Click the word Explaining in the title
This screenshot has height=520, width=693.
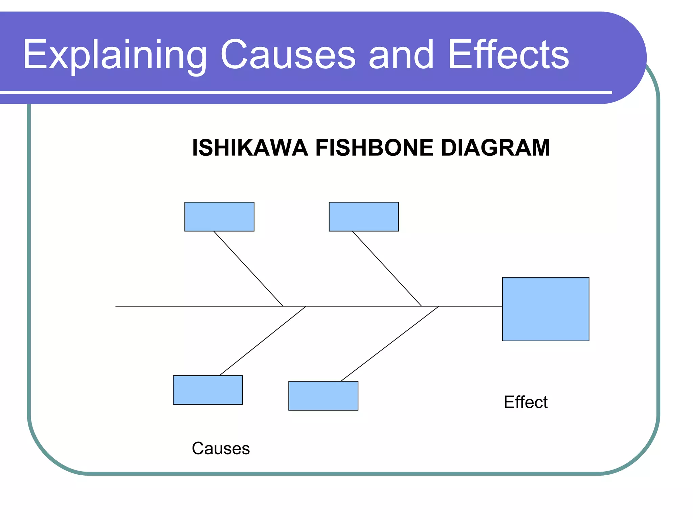[x=114, y=55]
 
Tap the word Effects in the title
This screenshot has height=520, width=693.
[x=508, y=55]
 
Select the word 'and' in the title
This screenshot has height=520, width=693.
[x=401, y=55]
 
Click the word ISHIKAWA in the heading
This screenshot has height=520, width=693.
[x=250, y=148]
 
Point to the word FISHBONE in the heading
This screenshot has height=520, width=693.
[x=374, y=148]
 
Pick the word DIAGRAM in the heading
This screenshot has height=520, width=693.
[x=496, y=148]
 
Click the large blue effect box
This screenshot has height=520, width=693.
[x=545, y=309]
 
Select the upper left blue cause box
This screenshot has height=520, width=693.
[x=219, y=217]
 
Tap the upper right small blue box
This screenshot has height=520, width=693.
[x=364, y=217]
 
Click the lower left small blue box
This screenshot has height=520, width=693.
[x=208, y=390]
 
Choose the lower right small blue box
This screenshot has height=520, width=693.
[x=323, y=396]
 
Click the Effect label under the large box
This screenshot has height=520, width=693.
[x=526, y=402]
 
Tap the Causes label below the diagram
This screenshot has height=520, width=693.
[x=221, y=449]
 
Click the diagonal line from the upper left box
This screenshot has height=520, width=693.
[x=248, y=268]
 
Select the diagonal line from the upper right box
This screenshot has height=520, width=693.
[x=387, y=268]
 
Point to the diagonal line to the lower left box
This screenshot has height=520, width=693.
[x=263, y=341]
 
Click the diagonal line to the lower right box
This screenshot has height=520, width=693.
[x=389, y=344]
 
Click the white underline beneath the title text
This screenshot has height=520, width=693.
[x=305, y=92]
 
